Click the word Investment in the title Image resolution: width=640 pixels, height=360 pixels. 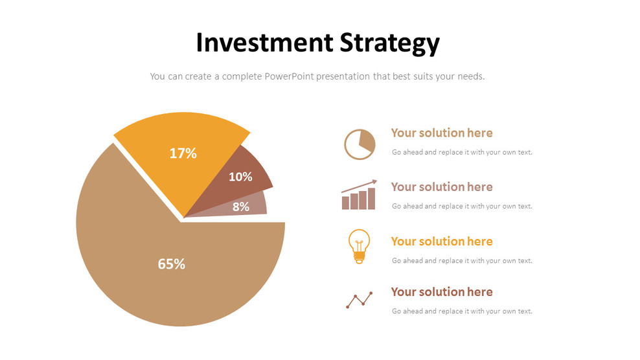[264, 43]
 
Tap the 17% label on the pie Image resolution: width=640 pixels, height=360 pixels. [183, 153]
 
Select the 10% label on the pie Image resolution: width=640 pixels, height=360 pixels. [240, 176]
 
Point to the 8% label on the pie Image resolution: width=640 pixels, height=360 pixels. [241, 207]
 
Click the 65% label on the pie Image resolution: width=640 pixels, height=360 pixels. [172, 264]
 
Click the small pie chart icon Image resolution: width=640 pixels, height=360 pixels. [360, 144]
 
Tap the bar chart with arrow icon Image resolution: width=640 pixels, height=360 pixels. [359, 196]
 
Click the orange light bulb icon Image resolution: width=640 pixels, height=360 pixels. [359, 246]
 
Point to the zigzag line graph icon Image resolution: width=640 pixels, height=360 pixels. [359, 299]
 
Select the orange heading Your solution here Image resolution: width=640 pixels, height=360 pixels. [442, 242]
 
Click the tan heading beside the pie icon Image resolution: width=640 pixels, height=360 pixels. [442, 133]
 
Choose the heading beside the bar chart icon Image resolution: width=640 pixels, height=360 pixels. [442, 187]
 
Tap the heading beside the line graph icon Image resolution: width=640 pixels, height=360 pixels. [442, 292]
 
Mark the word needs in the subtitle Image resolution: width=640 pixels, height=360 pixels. [470, 76]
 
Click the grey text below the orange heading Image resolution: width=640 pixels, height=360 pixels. [462, 261]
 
